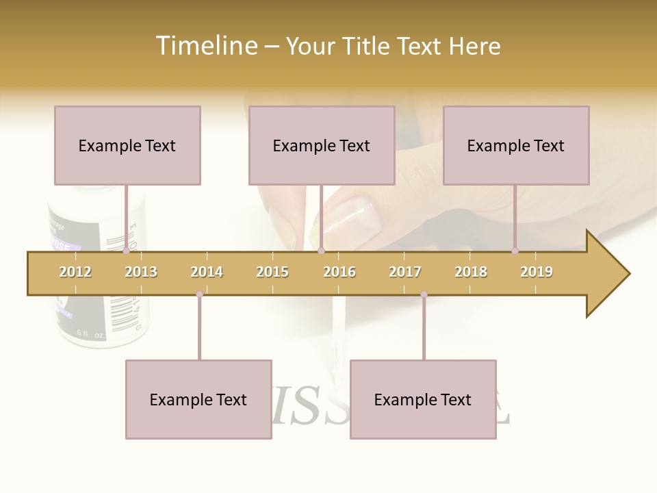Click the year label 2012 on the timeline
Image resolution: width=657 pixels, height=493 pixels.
point(75,272)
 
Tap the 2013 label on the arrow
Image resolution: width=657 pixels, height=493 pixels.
point(141,272)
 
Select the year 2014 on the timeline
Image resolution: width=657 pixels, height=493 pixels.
point(207,272)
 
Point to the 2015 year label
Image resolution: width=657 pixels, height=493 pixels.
point(272,272)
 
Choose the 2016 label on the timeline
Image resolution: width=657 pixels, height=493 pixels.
point(339,272)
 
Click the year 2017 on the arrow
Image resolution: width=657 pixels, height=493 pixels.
point(405,272)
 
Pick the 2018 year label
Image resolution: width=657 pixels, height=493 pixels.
point(471,272)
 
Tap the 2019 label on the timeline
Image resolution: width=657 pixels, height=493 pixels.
point(537,272)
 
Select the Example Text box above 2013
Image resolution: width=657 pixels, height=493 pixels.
point(127,145)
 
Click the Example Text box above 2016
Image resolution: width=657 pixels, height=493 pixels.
point(322,145)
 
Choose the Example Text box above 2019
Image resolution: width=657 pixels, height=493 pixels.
point(516,145)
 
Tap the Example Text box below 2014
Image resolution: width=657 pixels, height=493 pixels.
point(198,399)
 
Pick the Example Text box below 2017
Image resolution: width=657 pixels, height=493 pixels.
point(423,399)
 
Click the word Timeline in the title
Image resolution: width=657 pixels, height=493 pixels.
point(205,46)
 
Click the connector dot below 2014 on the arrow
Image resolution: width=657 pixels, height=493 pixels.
point(199,294)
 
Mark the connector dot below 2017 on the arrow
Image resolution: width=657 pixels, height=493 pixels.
point(424,294)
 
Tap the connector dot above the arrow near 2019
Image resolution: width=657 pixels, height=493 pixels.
point(515,251)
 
